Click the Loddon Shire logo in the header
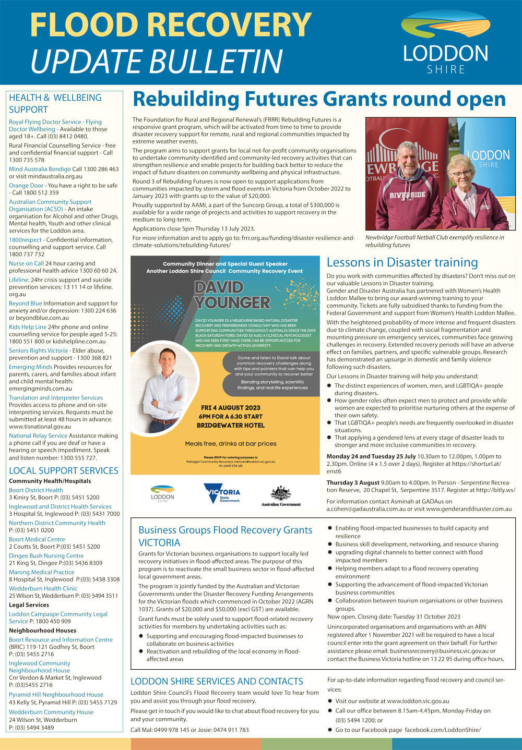pyautogui.click(x=445, y=43)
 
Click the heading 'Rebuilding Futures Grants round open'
pyautogui.click(x=319, y=99)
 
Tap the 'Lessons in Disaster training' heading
pyautogui.click(x=402, y=262)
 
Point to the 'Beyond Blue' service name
pyautogui.click(x=26, y=303)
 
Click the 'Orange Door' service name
pyautogui.click(x=26, y=185)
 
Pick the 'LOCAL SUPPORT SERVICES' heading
pyautogui.click(x=64, y=470)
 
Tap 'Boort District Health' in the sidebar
pyautogui.click(x=35, y=490)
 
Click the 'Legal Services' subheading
pyautogui.click(x=29, y=605)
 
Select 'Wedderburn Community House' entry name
pyautogui.click(x=51, y=712)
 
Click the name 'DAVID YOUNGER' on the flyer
pyautogui.click(x=232, y=295)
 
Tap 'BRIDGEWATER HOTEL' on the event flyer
pyautogui.click(x=231, y=425)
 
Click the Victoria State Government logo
pyautogui.click(x=221, y=493)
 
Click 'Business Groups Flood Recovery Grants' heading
pyautogui.click(x=225, y=530)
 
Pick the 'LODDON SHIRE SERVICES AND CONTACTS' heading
pyautogui.click(x=217, y=681)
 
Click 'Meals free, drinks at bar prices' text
pyautogui.click(x=231, y=444)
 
